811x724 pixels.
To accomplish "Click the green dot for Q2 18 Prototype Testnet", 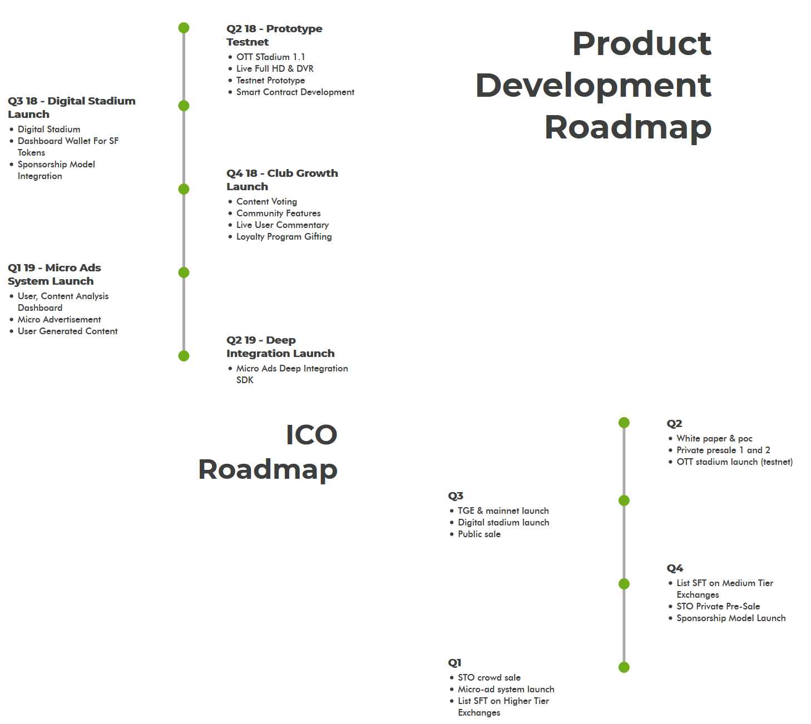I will (184, 28).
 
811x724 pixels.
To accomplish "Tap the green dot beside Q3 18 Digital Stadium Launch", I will (184, 106).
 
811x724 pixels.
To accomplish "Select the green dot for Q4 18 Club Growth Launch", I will (184, 189).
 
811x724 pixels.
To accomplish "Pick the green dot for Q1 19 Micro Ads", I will (184, 272).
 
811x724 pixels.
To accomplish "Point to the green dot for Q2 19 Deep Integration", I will (184, 356).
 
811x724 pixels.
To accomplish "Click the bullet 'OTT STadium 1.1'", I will (270, 57).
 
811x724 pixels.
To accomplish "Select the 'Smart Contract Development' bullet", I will (295, 92).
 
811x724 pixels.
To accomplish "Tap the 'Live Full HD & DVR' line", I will (275, 68).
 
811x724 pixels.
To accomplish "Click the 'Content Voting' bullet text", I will (266, 201).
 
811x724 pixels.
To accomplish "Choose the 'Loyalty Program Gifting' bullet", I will (284, 236).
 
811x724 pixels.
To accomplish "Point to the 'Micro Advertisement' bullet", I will (59, 319).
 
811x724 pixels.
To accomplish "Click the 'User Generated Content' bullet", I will (67, 331).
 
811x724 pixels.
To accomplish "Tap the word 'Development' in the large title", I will (594, 85).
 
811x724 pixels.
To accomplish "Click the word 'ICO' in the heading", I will (311, 435).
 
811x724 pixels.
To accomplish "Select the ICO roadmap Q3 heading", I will (456, 495).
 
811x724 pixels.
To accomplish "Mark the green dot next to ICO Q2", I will (624, 423).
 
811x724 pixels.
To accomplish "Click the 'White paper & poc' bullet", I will (714, 438).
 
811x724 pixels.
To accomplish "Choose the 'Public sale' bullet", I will (479, 534).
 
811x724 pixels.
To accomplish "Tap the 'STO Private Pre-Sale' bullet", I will (718, 606).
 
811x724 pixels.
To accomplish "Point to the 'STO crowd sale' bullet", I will (489, 677).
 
